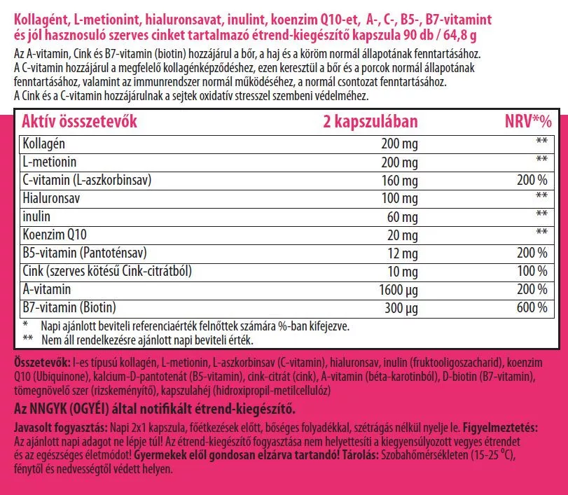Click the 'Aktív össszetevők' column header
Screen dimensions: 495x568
tap(80, 121)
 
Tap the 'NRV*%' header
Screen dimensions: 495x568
tap(528, 121)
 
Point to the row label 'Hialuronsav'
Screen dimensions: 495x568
tap(52, 198)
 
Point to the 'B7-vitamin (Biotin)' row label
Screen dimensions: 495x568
tap(69, 307)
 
